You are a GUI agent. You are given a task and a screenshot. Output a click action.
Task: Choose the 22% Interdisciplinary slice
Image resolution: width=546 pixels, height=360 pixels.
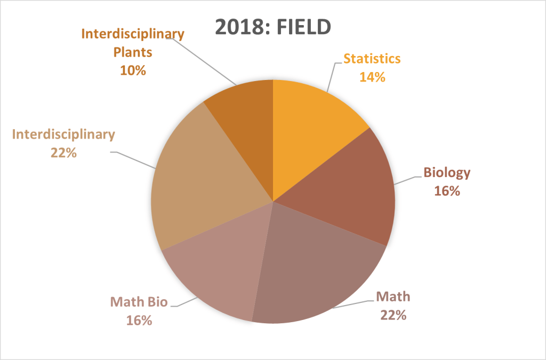[x=197, y=176]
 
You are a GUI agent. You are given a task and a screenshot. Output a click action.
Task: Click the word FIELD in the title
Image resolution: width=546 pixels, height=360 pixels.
[x=302, y=27]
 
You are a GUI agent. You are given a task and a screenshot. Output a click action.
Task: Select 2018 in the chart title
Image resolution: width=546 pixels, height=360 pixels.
[x=236, y=27]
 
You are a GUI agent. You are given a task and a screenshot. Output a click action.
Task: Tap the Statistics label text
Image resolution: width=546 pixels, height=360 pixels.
[x=372, y=58]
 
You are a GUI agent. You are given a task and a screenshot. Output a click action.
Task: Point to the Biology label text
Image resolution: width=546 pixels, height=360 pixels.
[x=447, y=172]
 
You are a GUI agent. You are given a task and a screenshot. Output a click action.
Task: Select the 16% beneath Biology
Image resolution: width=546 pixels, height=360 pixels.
[x=447, y=190]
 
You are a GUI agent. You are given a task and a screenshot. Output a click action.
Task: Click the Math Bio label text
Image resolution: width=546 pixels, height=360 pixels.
[x=139, y=302]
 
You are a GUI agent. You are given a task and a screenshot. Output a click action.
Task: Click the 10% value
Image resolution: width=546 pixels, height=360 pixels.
[x=133, y=70]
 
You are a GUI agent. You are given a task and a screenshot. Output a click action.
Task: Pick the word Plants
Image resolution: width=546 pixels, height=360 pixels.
[x=133, y=52]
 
